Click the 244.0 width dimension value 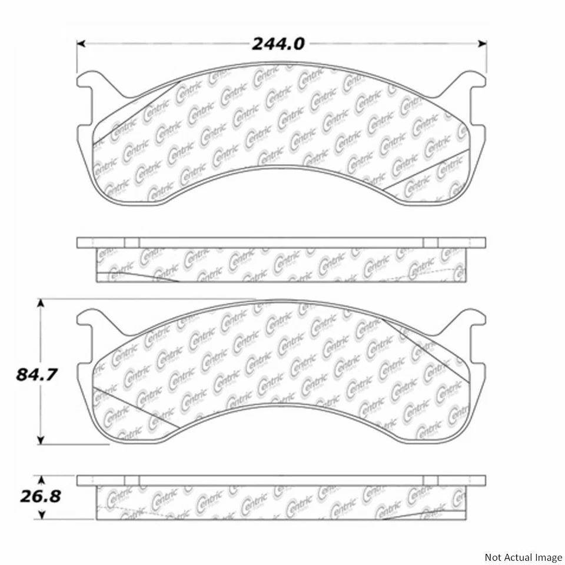[x=278, y=44]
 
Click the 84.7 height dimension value [x=36, y=374]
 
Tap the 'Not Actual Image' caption [x=523, y=557]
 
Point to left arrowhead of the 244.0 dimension [x=81, y=44]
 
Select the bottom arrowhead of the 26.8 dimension [x=41, y=516]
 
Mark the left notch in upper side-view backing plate [x=132, y=242]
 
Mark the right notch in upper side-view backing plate [x=431, y=242]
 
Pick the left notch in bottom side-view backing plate [x=132, y=480]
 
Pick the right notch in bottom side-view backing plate [x=431, y=480]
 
